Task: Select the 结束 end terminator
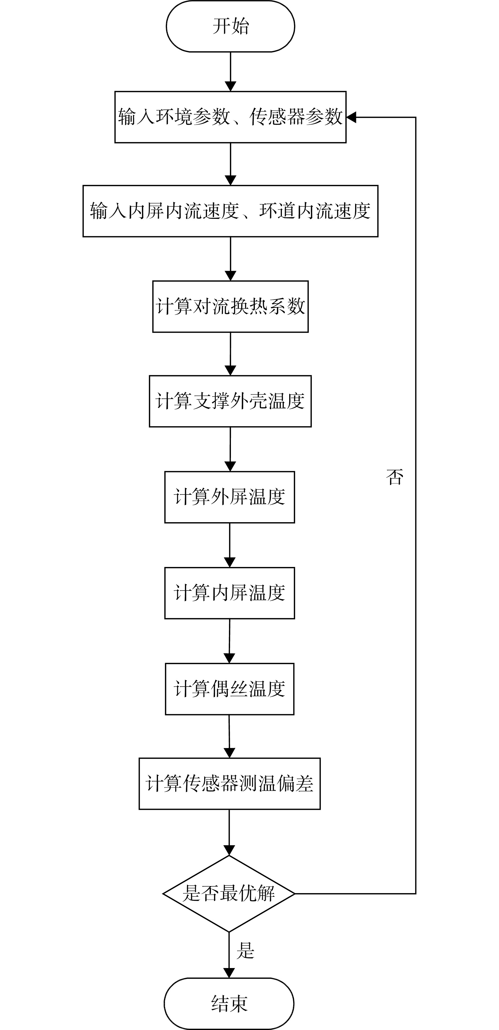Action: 229,1004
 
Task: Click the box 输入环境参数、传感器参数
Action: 230,117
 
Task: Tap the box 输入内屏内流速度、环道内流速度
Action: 230,211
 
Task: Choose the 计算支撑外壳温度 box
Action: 230,401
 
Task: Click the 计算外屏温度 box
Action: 230,497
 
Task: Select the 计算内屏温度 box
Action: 230,593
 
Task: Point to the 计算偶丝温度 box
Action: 230,689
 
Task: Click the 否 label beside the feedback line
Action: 395,477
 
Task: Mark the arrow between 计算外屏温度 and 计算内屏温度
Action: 230,545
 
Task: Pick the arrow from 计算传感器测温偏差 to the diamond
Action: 229,833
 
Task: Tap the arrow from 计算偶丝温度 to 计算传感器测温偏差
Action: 229,737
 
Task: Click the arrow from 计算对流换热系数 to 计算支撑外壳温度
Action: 230,354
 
